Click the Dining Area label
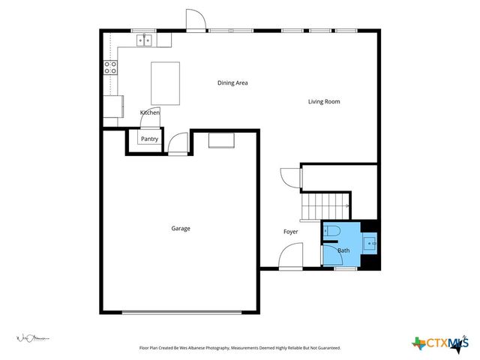232,83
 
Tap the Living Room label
324,101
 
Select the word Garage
180,228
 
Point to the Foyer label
290,232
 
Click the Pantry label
149,139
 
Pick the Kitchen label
150,112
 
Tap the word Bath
343,250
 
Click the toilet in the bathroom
333,230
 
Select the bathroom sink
370,243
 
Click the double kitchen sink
145,40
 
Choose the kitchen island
166,83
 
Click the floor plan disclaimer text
240,348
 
